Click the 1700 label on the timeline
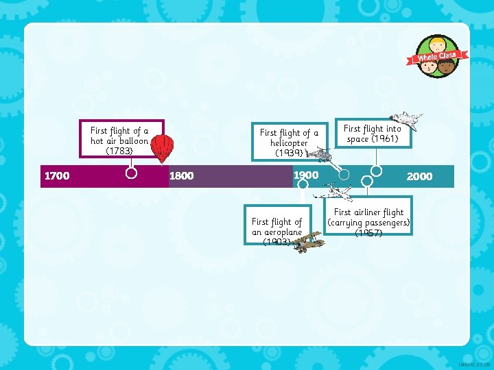56,176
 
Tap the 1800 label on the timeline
181,176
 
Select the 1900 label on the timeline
306,175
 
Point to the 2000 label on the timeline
419,177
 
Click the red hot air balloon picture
162,147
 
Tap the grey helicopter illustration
318,156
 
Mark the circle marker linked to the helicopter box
344,174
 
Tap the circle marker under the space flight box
377,171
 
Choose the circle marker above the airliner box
367,182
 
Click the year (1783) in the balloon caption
119,151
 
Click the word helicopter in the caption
289,143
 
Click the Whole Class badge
438,57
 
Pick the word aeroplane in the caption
277,232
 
